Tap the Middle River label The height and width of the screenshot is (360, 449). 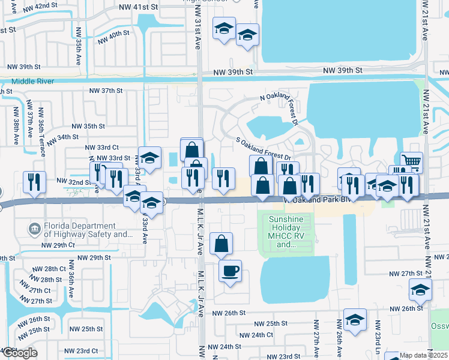click(x=32, y=81)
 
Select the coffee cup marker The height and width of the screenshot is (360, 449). click(x=230, y=271)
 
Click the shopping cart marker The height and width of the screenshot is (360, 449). click(x=411, y=161)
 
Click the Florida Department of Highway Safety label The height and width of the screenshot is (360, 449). click(x=79, y=230)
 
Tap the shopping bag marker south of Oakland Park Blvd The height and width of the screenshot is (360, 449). click(x=221, y=244)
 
